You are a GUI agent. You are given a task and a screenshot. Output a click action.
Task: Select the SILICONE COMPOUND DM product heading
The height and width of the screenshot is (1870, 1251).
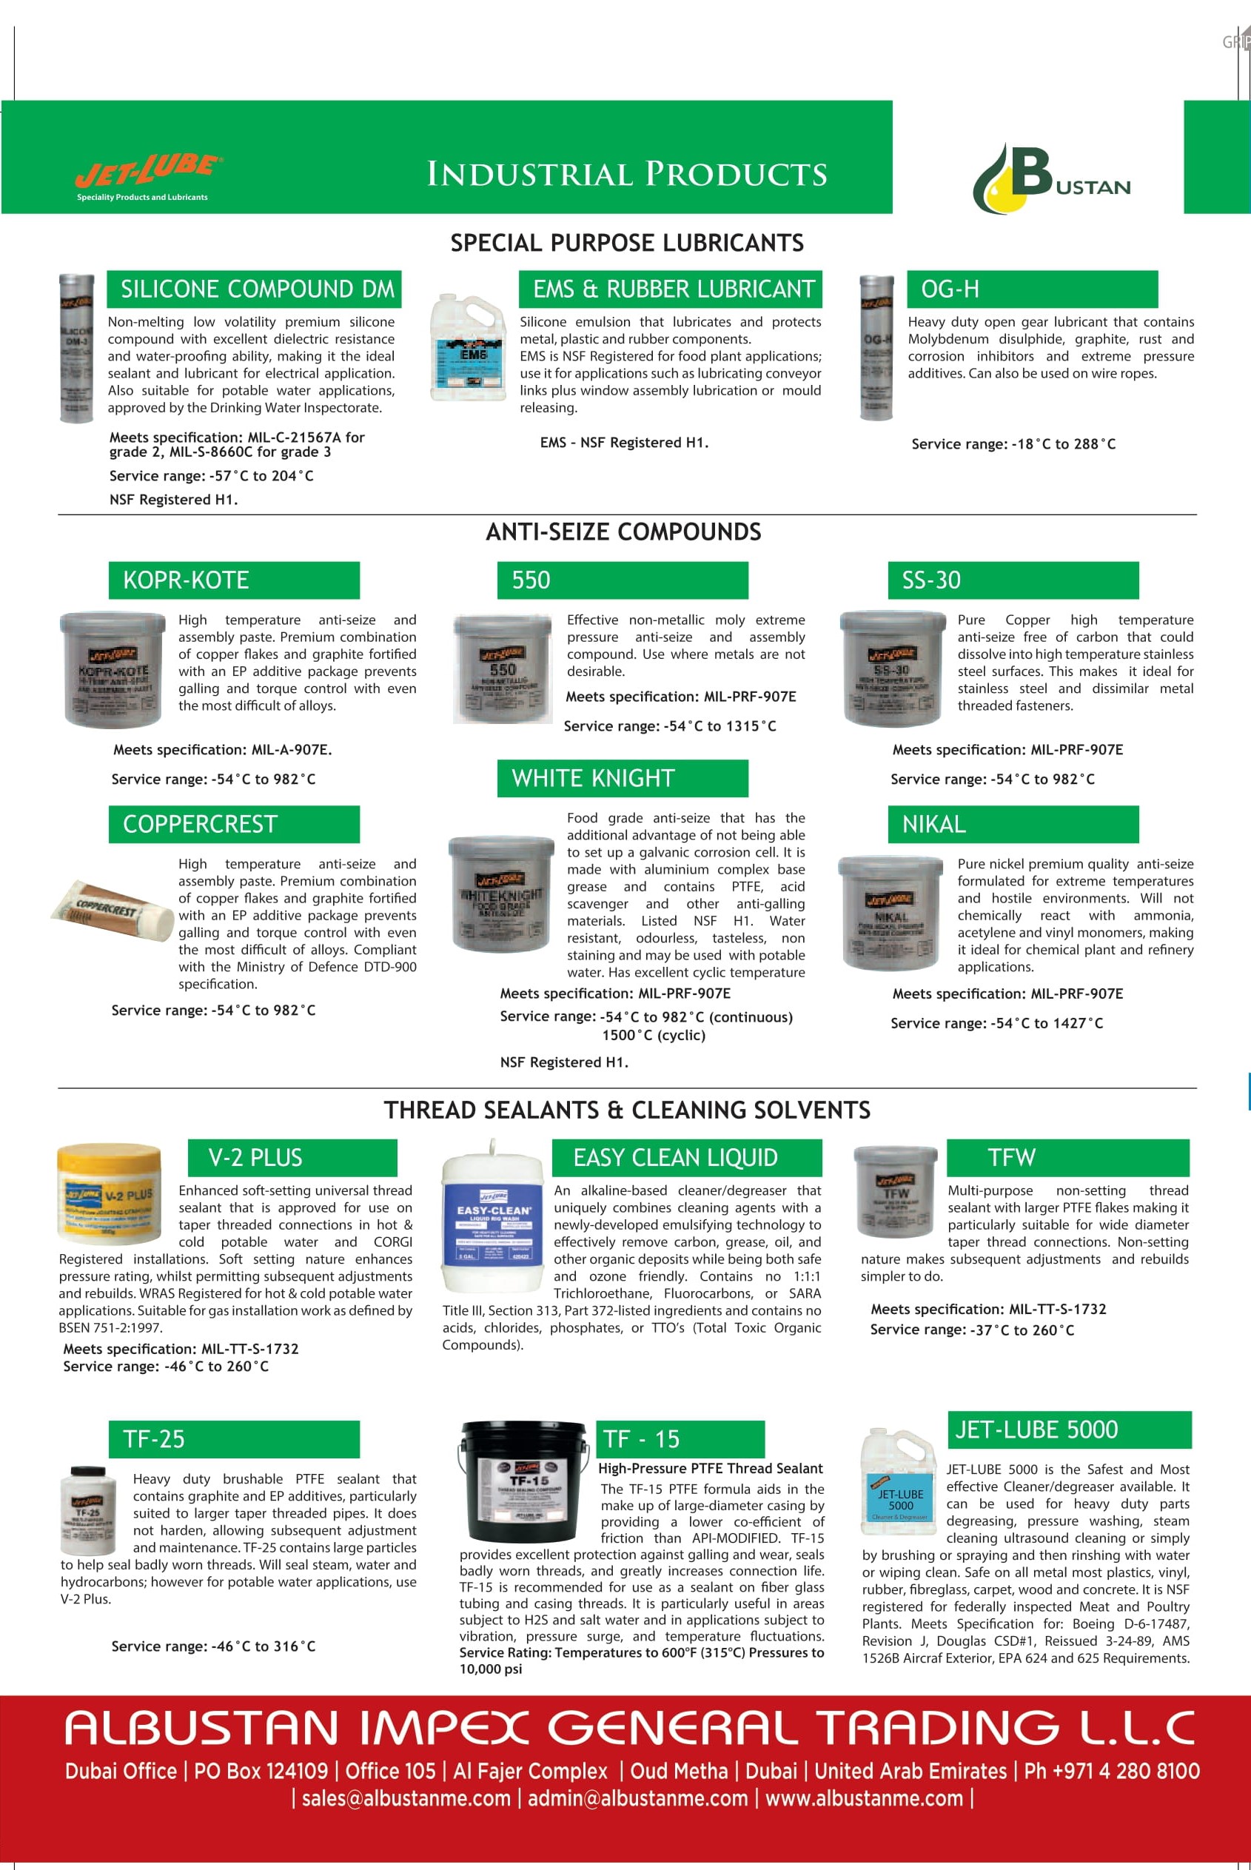click(x=255, y=289)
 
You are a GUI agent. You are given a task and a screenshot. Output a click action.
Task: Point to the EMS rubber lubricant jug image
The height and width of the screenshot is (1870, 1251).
click(x=467, y=347)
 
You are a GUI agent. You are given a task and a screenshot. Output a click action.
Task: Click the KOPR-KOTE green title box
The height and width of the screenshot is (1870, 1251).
click(x=234, y=580)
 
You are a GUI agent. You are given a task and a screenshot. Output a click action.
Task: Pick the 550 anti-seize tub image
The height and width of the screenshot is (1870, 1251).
click(x=502, y=668)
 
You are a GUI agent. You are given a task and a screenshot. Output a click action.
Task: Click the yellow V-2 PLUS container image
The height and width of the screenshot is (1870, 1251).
click(x=110, y=1193)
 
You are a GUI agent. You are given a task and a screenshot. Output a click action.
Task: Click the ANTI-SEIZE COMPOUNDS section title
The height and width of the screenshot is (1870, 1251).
click(x=623, y=532)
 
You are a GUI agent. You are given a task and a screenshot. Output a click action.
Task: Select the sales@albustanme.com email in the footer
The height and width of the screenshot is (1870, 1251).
click(x=406, y=1798)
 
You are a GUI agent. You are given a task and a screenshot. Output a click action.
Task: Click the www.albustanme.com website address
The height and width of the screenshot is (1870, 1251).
click(x=863, y=1798)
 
